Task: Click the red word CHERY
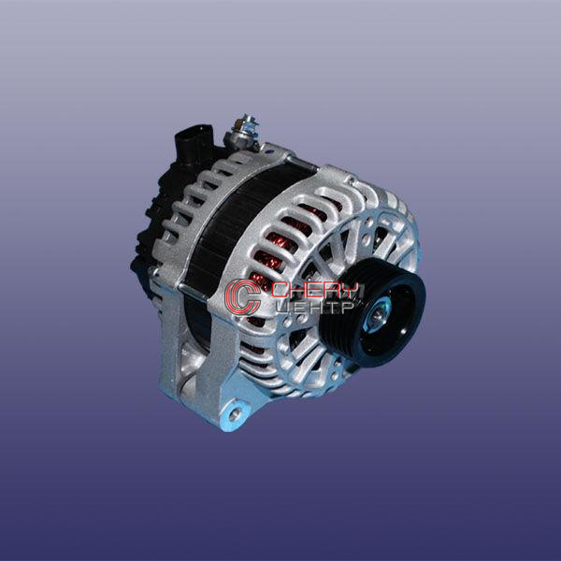314,291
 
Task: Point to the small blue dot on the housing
269,151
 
